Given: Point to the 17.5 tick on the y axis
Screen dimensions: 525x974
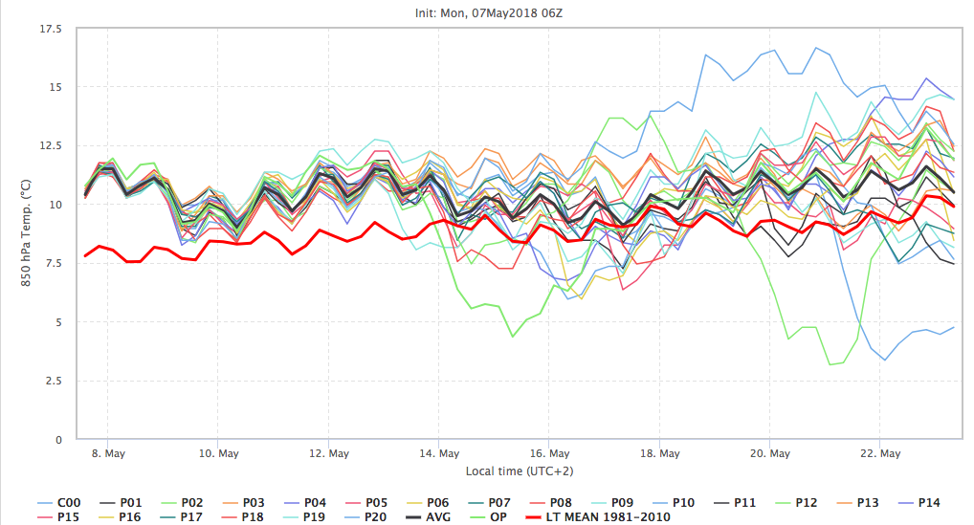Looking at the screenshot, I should [49, 30].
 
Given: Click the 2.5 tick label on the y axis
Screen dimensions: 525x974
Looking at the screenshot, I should [53, 382].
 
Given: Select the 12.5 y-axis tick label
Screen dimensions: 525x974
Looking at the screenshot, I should [49, 146].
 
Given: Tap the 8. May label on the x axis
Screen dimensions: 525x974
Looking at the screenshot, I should [108, 453].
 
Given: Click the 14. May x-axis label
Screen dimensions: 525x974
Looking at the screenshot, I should [436, 453].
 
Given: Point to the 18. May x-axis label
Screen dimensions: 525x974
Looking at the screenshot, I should [660, 453].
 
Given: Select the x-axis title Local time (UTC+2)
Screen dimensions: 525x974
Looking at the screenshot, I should [519, 470].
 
